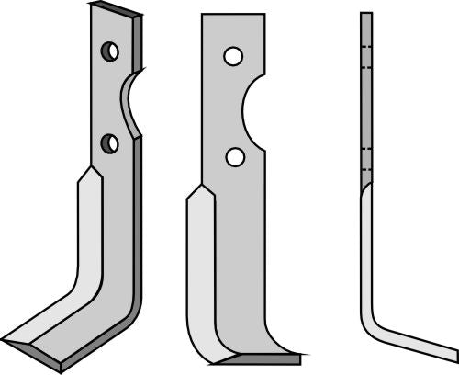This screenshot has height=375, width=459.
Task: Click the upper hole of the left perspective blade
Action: (110, 51)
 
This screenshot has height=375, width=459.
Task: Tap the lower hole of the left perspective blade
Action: (110, 142)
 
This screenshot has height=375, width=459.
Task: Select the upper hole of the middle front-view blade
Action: (233, 58)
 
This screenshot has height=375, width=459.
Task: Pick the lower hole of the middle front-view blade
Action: (235, 157)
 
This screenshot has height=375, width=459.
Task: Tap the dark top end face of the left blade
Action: (117, 10)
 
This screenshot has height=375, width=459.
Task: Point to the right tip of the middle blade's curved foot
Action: (299, 351)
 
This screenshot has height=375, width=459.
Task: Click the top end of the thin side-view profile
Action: (366, 13)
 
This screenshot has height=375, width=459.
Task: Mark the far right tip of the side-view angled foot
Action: (455, 354)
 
